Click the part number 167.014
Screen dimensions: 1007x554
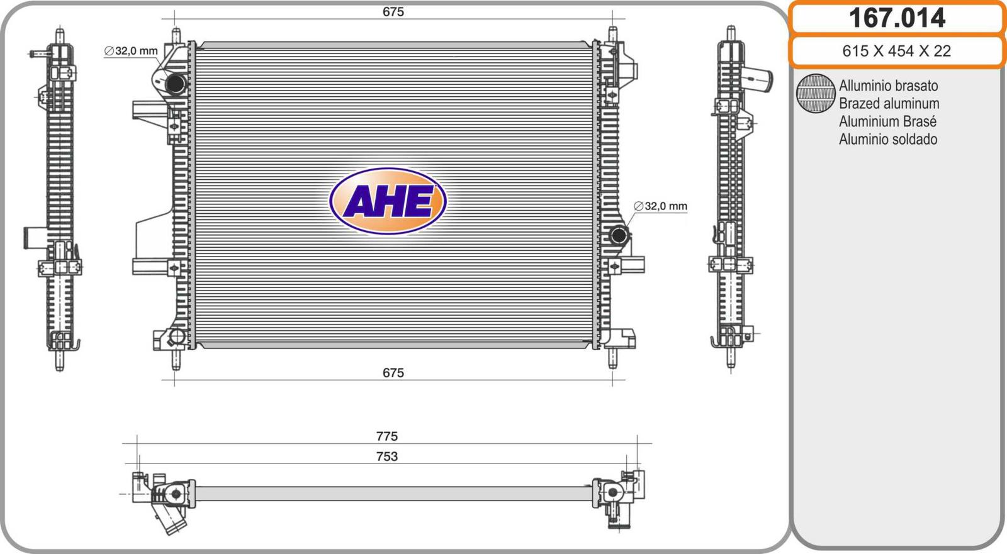[x=897, y=18]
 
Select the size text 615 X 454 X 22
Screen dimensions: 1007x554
[x=896, y=51]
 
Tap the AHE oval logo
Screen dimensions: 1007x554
[x=388, y=201]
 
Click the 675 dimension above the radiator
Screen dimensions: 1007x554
[x=393, y=12]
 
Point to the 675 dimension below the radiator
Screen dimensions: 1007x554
[x=393, y=373]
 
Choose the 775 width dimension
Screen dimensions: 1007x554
[x=387, y=436]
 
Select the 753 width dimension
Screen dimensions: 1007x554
[x=387, y=457]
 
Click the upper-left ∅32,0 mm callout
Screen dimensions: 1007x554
[x=131, y=51]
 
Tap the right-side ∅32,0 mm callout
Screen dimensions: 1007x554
[x=660, y=206]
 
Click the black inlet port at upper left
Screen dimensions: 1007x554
[x=176, y=84]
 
